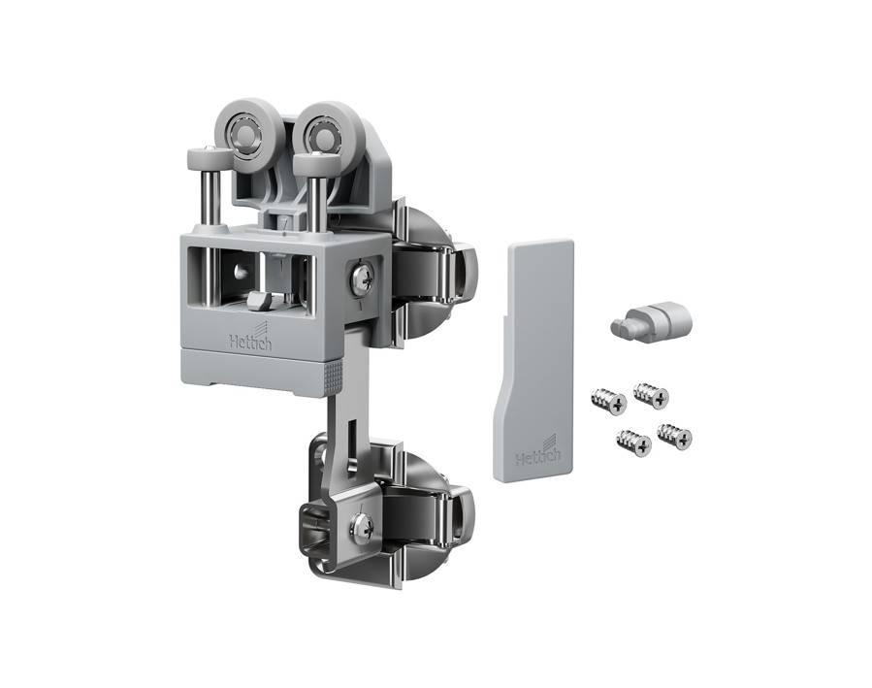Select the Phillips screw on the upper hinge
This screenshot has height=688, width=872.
point(362,277)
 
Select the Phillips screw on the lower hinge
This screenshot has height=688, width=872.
point(362,525)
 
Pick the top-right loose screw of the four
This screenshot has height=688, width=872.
point(651,394)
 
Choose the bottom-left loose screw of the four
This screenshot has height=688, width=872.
point(634,443)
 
